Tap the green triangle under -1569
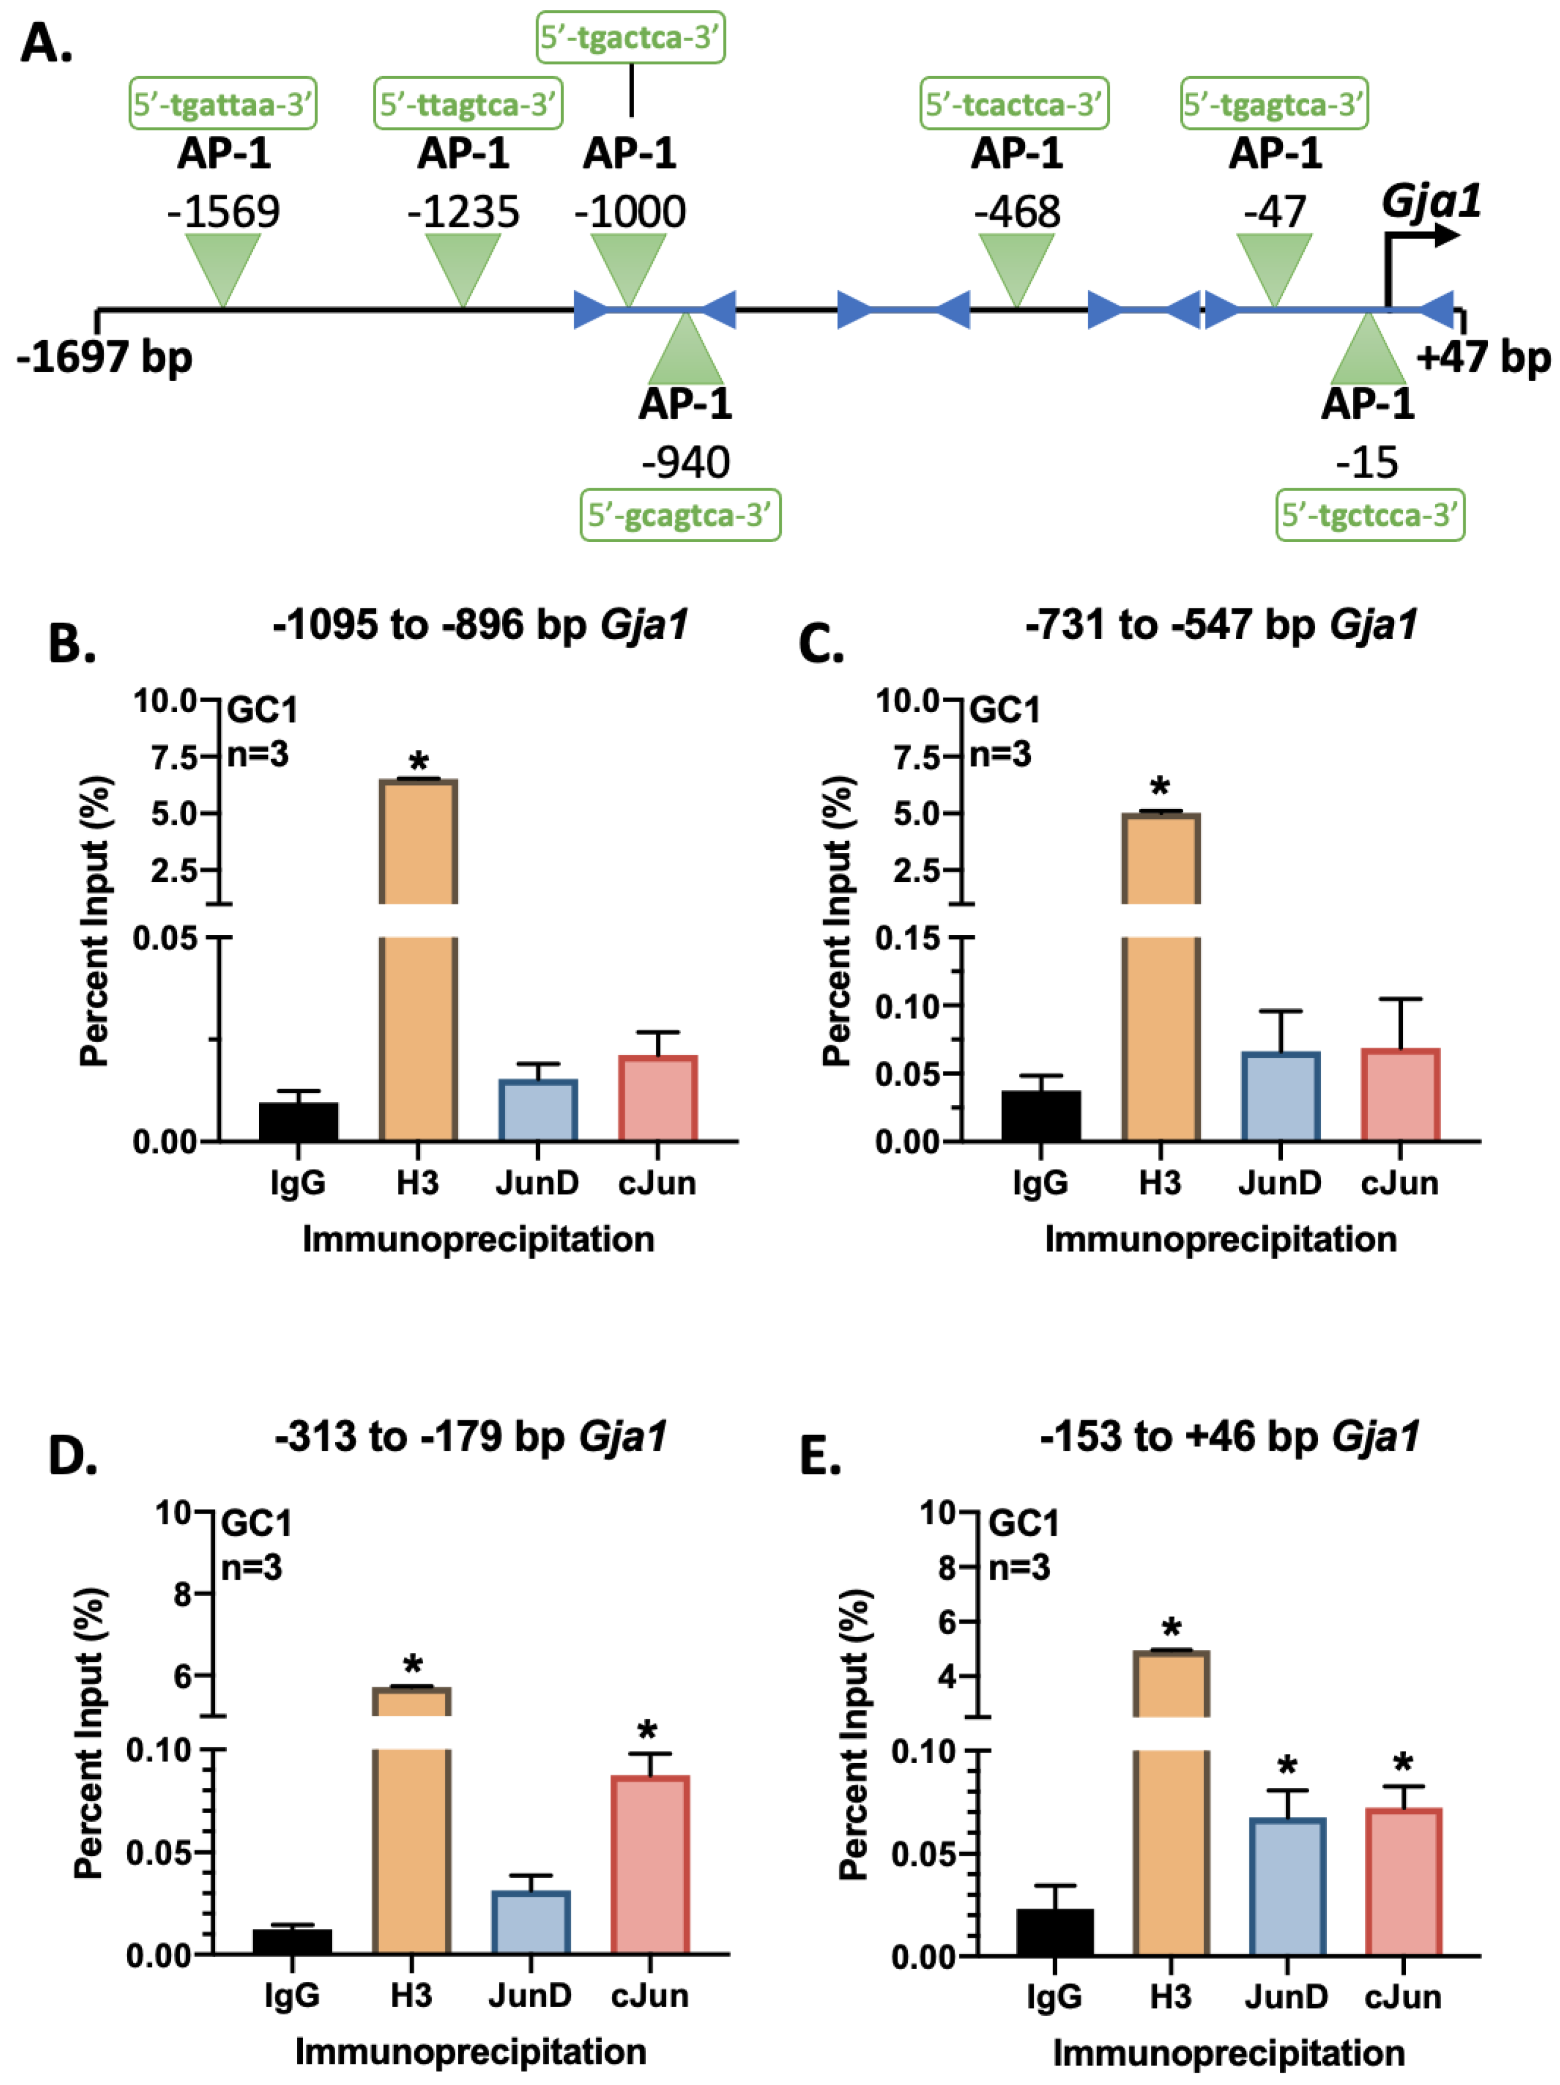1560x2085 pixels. pos(223,265)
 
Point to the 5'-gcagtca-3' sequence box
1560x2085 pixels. pos(680,515)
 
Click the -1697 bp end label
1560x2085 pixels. pos(104,357)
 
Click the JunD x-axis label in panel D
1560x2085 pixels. pos(530,1995)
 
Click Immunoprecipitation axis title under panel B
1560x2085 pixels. pos(478,1239)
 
